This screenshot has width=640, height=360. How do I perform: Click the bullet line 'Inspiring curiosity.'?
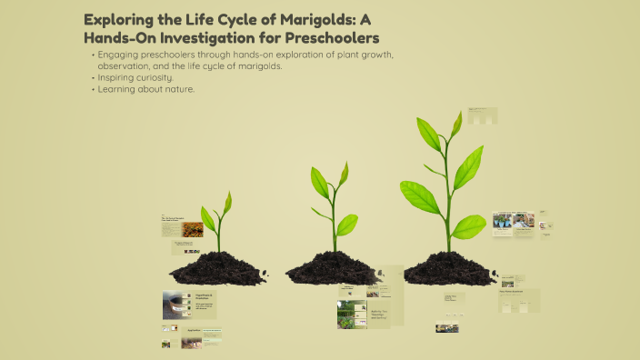135,77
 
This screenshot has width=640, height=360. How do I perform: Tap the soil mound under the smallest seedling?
217,268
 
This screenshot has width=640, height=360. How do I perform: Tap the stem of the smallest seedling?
219,235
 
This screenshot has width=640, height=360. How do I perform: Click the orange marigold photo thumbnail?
192,229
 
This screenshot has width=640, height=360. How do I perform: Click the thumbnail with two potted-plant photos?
513,224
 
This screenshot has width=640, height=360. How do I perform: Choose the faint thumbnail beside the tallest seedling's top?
482,116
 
